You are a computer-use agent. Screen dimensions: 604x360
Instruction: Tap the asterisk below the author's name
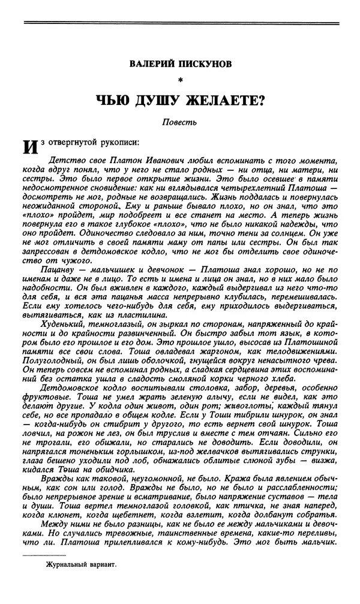click(x=180, y=80)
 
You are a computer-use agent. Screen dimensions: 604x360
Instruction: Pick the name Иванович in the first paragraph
click(x=136, y=163)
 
